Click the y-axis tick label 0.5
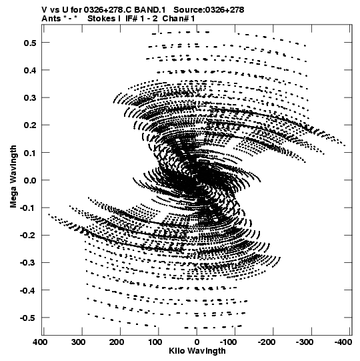pos(30,43)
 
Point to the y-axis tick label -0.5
pos(28,318)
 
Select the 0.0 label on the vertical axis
pos(30,180)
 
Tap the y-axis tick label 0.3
pos(30,98)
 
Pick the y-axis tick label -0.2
pos(28,236)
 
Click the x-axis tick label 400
pos(40,342)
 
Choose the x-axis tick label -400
pos(343,342)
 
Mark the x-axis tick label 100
pos(155,342)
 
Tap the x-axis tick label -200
pos(267,342)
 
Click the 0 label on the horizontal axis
pos(197,342)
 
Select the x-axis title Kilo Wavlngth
pos(197,352)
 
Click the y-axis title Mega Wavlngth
pos(13,177)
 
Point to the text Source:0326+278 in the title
pos(209,10)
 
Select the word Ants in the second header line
pos(51,19)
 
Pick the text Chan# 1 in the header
pos(179,19)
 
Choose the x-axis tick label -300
pos(305,342)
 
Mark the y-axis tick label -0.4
pos(28,290)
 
